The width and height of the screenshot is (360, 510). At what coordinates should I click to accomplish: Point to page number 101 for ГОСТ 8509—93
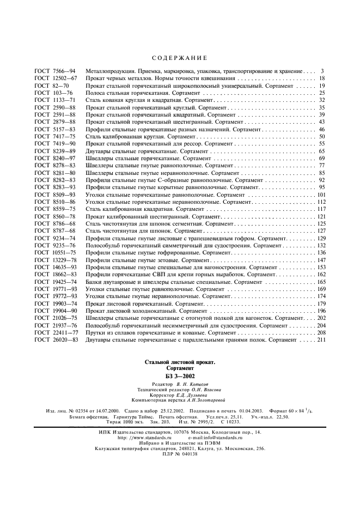(x=321, y=195)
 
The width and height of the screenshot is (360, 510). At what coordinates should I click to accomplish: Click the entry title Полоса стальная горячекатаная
(x=127, y=93)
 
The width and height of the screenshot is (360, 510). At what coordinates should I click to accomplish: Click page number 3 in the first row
(x=323, y=71)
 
